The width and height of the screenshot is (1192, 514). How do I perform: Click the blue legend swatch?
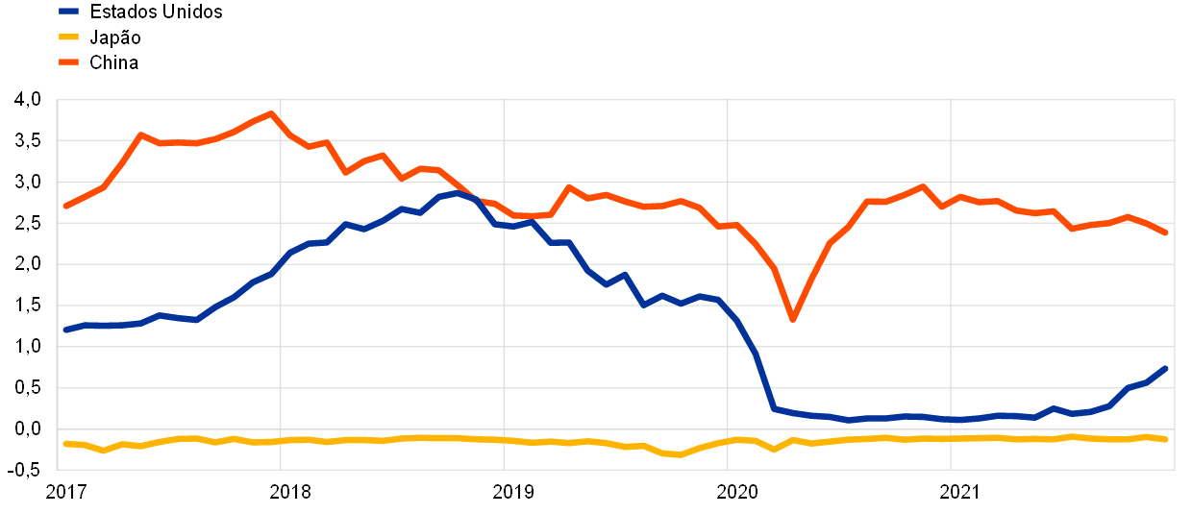tap(68, 12)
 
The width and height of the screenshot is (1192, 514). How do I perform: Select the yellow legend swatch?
tap(68, 37)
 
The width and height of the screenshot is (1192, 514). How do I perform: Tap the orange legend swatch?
tap(68, 61)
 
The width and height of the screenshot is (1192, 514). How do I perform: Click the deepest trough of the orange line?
tap(792, 319)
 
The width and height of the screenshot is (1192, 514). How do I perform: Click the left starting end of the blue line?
tap(65, 330)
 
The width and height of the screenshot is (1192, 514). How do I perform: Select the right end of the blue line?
tap(1165, 368)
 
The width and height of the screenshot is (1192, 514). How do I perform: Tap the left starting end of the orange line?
tap(65, 206)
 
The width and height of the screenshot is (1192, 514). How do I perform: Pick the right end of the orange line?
tap(1165, 233)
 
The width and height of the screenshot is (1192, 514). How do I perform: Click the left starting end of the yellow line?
tap(65, 443)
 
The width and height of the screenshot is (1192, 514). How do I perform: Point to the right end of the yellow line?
tap(1165, 439)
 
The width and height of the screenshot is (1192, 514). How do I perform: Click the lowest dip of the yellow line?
tap(680, 454)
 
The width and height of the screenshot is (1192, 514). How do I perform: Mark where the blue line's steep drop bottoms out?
tap(774, 408)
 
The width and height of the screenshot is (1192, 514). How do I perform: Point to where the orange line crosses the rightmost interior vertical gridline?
tap(951, 201)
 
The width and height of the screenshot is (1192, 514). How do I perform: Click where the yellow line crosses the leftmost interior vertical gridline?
tap(281, 440)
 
